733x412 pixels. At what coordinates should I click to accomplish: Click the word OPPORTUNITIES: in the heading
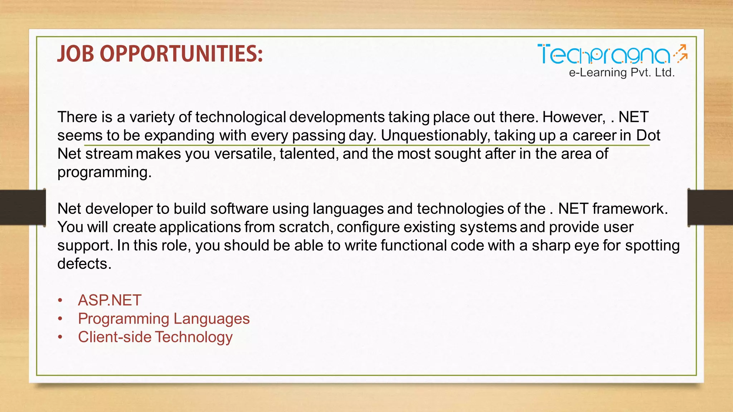(x=181, y=54)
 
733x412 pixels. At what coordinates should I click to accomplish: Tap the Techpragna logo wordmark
(x=603, y=55)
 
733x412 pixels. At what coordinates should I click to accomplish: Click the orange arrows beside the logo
(x=681, y=54)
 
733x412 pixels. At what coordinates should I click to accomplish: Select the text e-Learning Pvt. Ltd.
(x=622, y=73)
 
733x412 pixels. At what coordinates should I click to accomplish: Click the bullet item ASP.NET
(x=110, y=300)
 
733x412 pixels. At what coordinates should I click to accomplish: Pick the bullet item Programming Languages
(x=164, y=318)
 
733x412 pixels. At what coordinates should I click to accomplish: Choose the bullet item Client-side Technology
(x=155, y=337)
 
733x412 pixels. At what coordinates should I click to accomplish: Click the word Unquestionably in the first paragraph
(x=435, y=136)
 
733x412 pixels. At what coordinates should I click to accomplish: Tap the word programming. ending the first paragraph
(x=104, y=172)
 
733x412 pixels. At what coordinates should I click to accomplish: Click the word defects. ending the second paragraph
(x=84, y=264)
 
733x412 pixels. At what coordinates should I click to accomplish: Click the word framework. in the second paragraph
(x=630, y=209)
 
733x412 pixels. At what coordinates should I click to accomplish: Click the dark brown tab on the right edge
(x=710, y=207)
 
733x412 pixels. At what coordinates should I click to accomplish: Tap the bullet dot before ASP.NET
(x=60, y=300)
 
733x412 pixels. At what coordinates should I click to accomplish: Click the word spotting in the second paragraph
(x=652, y=246)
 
